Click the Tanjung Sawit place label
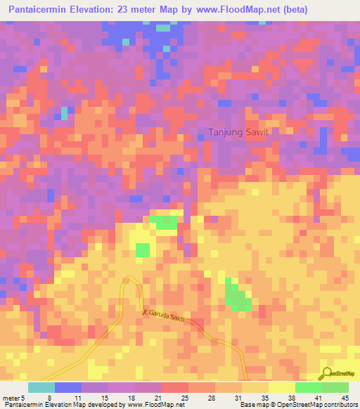tap(239, 131)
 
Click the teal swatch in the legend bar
tap(41, 387)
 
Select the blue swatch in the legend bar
tap(67, 387)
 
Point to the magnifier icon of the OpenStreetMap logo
tap(327, 373)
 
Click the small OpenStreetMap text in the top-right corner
tap(342, 69)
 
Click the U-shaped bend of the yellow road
tap(130, 279)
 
